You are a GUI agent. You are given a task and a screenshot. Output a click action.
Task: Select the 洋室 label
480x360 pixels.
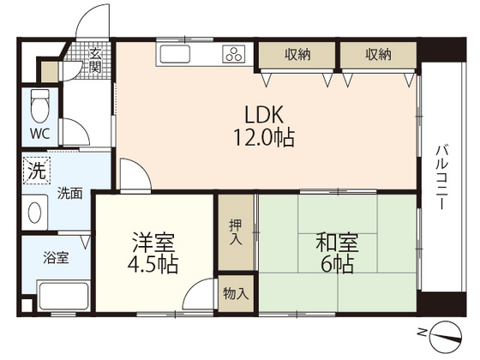point(153,242)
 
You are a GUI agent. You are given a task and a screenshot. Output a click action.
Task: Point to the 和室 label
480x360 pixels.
point(336,242)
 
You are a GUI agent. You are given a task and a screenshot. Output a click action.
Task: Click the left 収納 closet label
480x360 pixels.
point(299,55)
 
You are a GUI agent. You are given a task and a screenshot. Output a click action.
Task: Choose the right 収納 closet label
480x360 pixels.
point(378,55)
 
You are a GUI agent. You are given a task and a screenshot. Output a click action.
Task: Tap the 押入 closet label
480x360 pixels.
point(235,232)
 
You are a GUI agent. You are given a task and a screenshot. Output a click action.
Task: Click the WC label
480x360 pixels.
point(39,133)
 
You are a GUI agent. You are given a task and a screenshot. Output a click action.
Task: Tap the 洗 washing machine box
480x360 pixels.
point(34,171)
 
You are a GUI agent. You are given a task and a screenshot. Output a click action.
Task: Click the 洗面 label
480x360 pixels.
point(70,194)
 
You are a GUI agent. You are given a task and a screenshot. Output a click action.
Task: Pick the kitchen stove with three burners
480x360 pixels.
point(234,55)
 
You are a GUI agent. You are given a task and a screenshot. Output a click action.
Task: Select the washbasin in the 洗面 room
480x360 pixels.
point(36,211)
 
